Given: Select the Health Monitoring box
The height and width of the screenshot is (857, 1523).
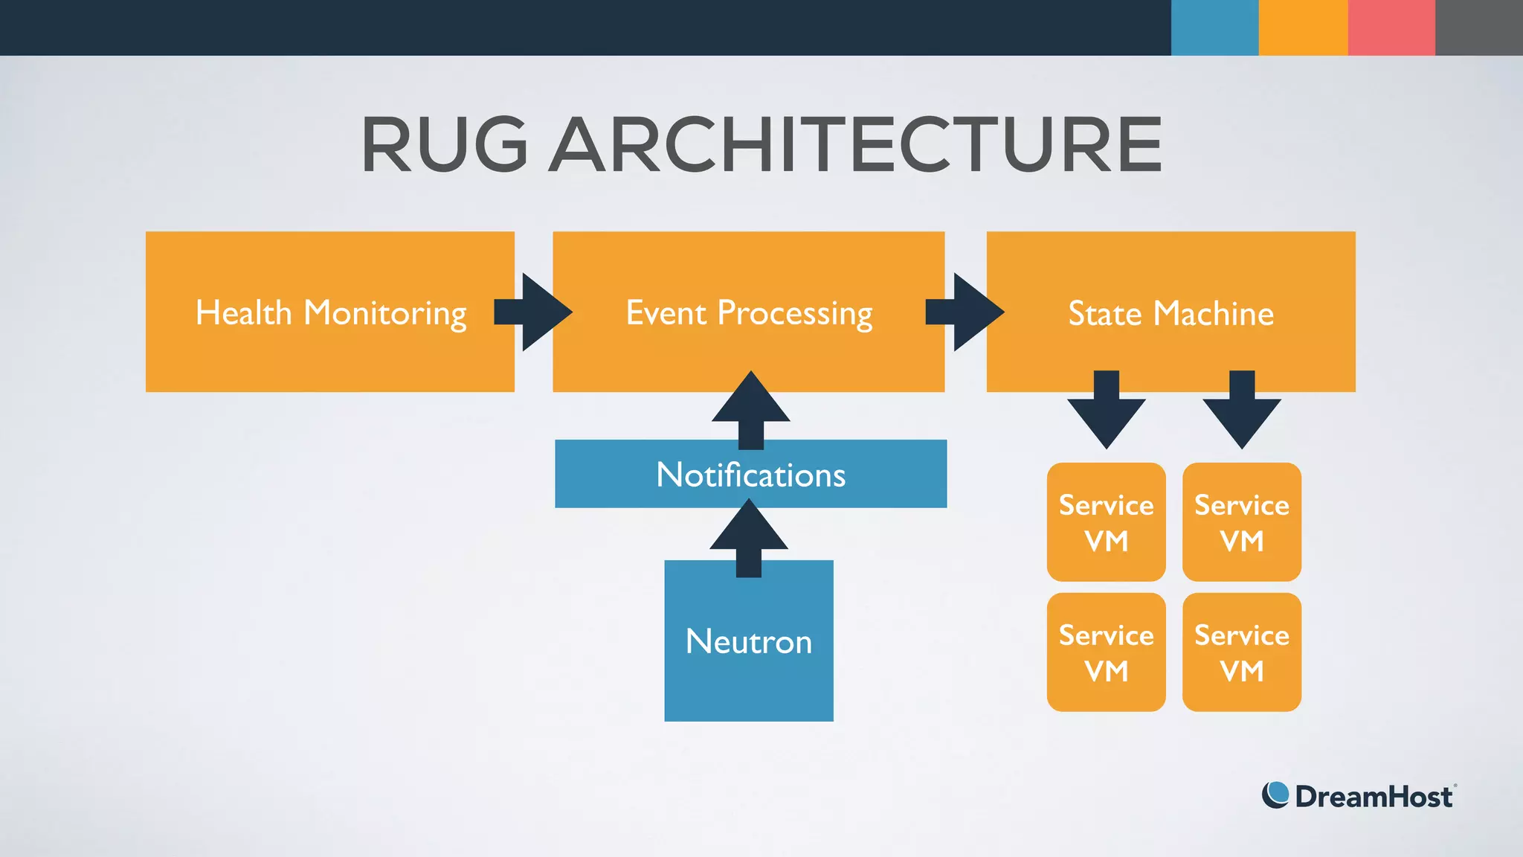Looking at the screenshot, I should click(329, 312).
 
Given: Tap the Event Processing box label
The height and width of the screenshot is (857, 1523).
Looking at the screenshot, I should click(748, 313).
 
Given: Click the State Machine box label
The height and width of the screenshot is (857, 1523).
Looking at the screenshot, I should click(1171, 313).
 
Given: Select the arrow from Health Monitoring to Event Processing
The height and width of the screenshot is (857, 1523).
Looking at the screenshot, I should click(535, 312).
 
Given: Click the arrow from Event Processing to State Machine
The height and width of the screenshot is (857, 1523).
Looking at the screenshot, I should click(967, 312).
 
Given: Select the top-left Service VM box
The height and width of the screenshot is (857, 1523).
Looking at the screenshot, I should click(1106, 522).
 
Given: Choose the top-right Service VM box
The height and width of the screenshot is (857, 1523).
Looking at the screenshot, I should click(1241, 522).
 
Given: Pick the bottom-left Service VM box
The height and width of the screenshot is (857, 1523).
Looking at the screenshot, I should click(1106, 652).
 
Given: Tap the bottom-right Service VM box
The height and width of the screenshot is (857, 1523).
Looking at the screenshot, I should click(1241, 652).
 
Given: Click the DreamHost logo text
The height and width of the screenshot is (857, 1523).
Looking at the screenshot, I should click(1373, 797).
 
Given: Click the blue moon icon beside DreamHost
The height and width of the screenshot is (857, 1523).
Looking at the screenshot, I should click(1275, 795).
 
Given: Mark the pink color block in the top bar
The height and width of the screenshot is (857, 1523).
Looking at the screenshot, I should click(1391, 28).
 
